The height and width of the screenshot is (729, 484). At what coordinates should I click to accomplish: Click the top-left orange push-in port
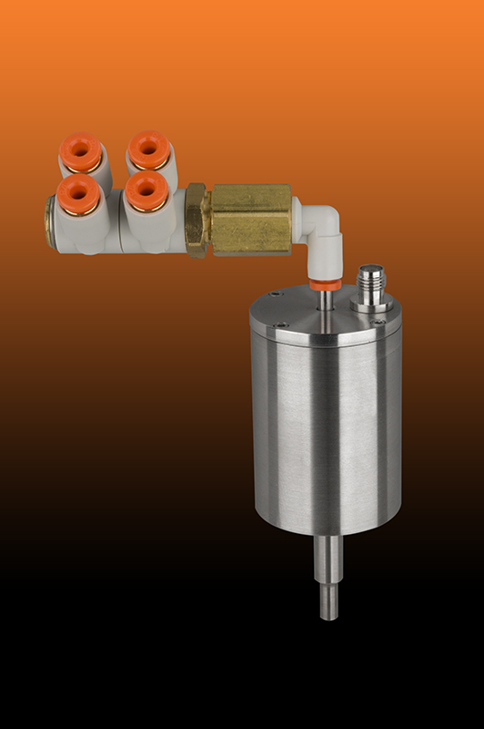pyautogui.click(x=81, y=152)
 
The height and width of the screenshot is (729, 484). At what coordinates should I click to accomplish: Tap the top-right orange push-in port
pyautogui.click(x=149, y=149)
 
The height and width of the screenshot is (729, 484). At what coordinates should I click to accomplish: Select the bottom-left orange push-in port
pyautogui.click(x=78, y=192)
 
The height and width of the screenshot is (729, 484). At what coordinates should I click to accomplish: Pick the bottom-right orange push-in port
pyautogui.click(x=145, y=190)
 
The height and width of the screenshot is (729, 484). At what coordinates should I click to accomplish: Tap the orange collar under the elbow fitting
pyautogui.click(x=325, y=284)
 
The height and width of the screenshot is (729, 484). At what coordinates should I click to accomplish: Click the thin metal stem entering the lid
pyautogui.click(x=325, y=301)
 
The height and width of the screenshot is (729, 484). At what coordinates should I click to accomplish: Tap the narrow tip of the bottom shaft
pyautogui.click(x=328, y=601)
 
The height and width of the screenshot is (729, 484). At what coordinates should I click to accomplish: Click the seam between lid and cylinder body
pyautogui.click(x=326, y=348)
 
